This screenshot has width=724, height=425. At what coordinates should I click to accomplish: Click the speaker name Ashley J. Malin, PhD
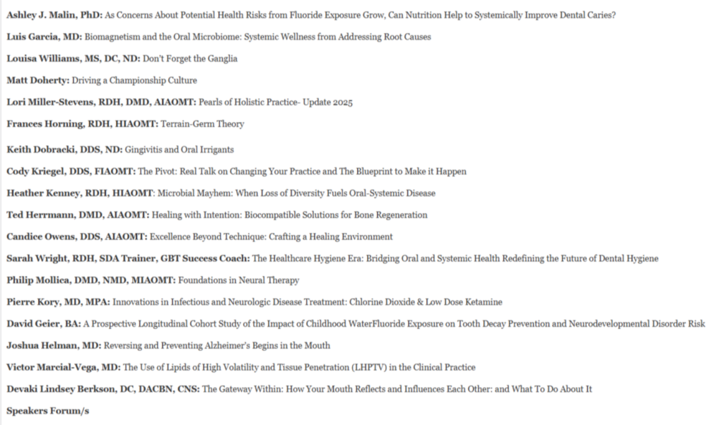(x=53, y=15)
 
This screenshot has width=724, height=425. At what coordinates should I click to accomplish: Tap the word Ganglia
(x=221, y=59)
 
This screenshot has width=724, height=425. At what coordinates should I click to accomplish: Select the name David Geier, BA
(x=43, y=324)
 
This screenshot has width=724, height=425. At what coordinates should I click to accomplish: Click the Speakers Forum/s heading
(x=47, y=410)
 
